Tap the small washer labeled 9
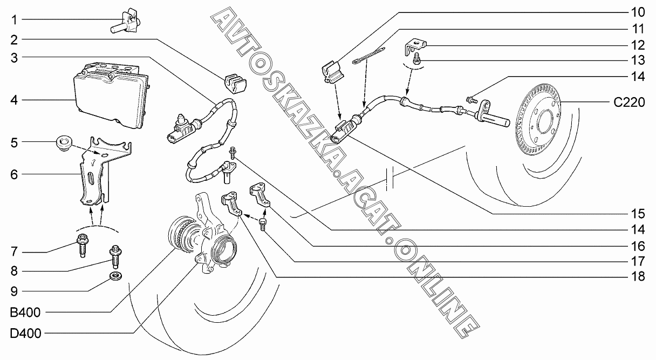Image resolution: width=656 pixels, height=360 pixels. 115,277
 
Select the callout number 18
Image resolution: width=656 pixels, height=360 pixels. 639,277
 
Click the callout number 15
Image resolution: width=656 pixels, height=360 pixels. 639,212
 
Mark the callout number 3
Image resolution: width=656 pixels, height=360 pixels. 14,57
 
